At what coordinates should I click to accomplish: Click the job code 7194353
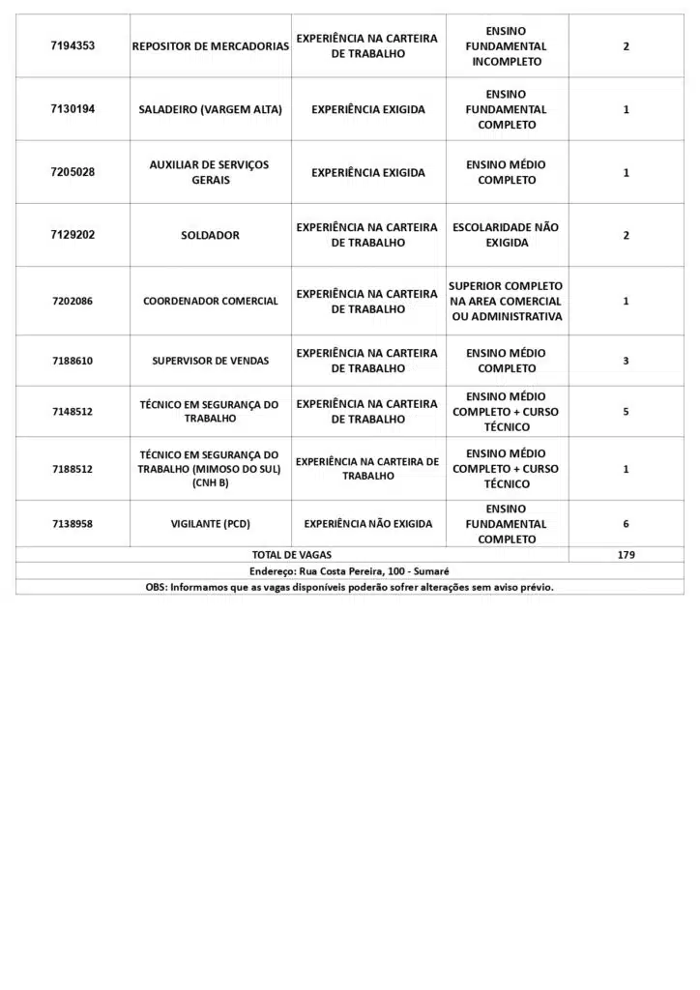click(x=73, y=45)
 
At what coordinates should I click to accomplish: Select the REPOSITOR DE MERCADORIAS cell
click(x=210, y=45)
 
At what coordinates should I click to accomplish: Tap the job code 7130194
click(x=73, y=109)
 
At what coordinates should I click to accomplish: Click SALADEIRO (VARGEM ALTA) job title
click(x=210, y=109)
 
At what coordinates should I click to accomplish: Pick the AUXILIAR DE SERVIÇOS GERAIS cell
click(x=210, y=172)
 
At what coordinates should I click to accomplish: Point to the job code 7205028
click(x=73, y=172)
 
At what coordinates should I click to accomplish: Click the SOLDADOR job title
click(x=210, y=235)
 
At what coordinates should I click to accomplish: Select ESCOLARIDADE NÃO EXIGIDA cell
click(x=506, y=235)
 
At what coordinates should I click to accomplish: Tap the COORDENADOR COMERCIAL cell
click(x=210, y=301)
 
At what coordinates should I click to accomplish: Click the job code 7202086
click(x=73, y=301)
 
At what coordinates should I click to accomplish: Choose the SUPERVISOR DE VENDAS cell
click(x=210, y=361)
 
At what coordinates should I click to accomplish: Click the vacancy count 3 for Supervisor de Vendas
click(x=626, y=361)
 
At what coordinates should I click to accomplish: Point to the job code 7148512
click(x=73, y=411)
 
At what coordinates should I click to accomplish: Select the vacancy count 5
click(x=626, y=411)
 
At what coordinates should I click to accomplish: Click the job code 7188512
click(x=73, y=469)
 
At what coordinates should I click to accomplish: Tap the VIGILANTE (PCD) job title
click(x=210, y=524)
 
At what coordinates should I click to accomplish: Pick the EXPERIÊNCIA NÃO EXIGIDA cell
click(x=368, y=524)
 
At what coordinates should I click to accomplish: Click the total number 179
click(x=626, y=555)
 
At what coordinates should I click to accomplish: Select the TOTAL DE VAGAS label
click(x=291, y=555)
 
